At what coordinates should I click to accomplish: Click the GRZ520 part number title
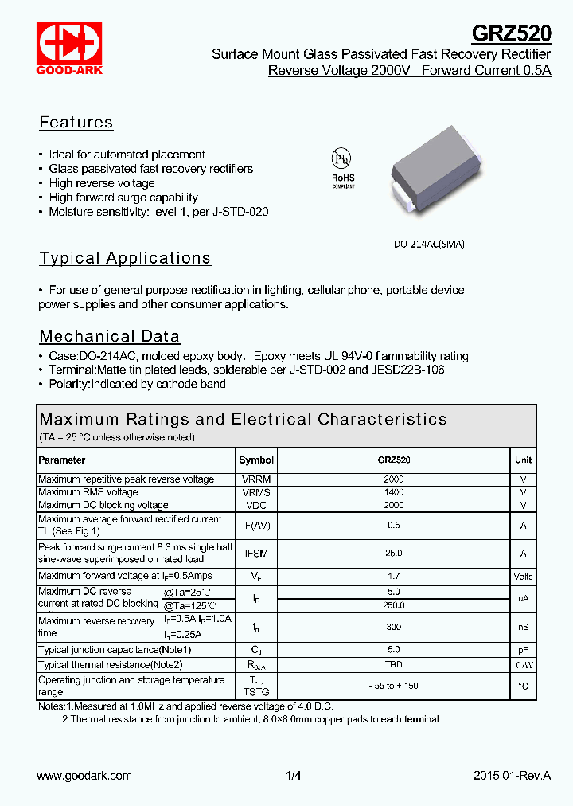point(512,33)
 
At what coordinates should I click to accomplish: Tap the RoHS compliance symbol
point(343,166)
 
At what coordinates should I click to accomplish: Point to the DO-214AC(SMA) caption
point(429,245)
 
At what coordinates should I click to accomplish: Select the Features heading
point(76,123)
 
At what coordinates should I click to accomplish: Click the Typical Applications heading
point(125,258)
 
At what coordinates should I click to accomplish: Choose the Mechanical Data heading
point(110,336)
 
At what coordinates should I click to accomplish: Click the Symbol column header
point(256,460)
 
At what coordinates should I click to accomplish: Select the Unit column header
point(523,460)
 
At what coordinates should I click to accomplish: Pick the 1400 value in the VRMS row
point(393,492)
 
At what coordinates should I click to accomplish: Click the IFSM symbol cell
point(256,553)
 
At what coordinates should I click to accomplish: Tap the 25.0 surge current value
point(393,553)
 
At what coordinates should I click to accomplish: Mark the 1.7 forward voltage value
point(393,576)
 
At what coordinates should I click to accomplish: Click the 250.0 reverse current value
point(393,605)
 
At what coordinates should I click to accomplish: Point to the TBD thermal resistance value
point(393,664)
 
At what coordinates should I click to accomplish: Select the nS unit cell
point(523,628)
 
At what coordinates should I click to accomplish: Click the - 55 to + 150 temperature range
point(393,686)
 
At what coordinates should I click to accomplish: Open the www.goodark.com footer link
point(84,776)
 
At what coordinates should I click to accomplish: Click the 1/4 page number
point(294,776)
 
